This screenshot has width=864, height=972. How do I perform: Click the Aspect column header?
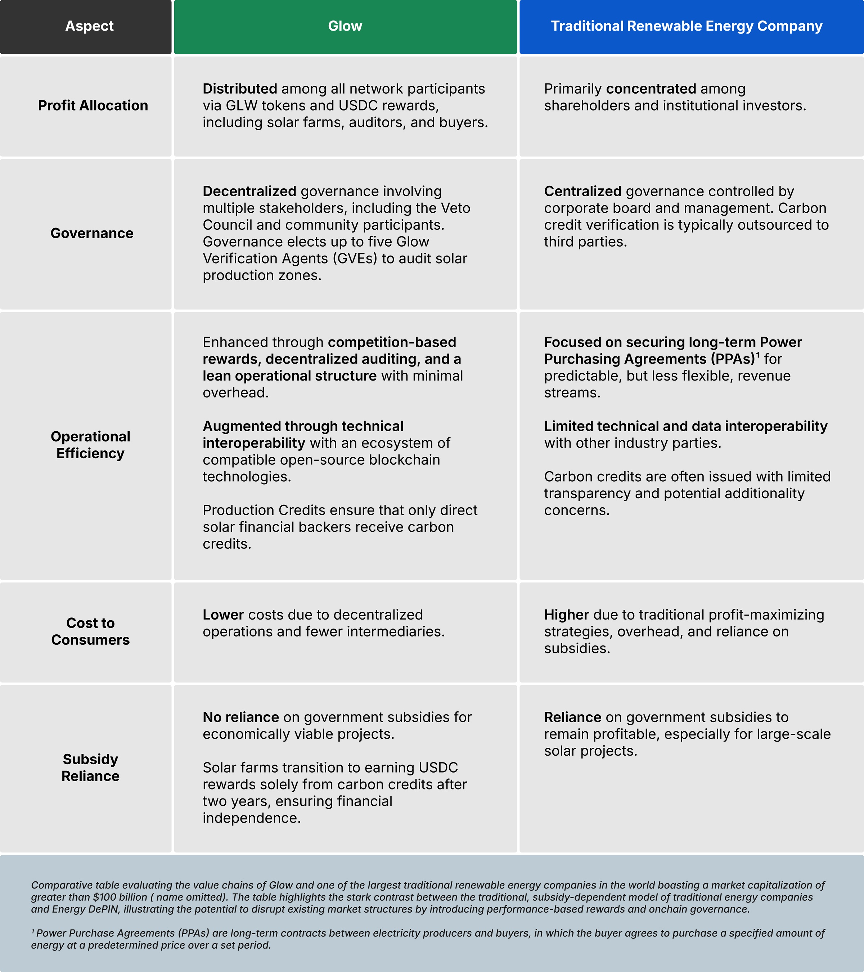tap(89, 26)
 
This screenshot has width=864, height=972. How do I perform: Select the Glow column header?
tap(345, 26)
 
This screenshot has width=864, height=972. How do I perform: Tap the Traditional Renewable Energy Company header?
tap(687, 26)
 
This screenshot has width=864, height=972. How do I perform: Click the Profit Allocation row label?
tap(93, 105)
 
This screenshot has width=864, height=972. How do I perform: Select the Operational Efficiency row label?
tap(90, 445)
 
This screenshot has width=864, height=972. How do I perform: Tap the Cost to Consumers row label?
tap(90, 631)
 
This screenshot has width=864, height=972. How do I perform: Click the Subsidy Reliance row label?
tap(90, 768)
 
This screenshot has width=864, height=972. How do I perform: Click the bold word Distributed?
tap(240, 89)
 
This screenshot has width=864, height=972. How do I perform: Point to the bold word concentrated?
tap(651, 89)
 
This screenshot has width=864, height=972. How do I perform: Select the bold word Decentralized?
tap(249, 192)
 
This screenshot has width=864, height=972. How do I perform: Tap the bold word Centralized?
tap(582, 192)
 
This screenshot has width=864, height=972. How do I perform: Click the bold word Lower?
tap(223, 615)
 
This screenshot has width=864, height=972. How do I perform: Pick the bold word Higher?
tap(566, 615)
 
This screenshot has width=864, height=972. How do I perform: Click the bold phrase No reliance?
tap(240, 717)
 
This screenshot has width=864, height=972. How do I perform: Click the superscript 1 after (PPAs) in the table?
tap(758, 355)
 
